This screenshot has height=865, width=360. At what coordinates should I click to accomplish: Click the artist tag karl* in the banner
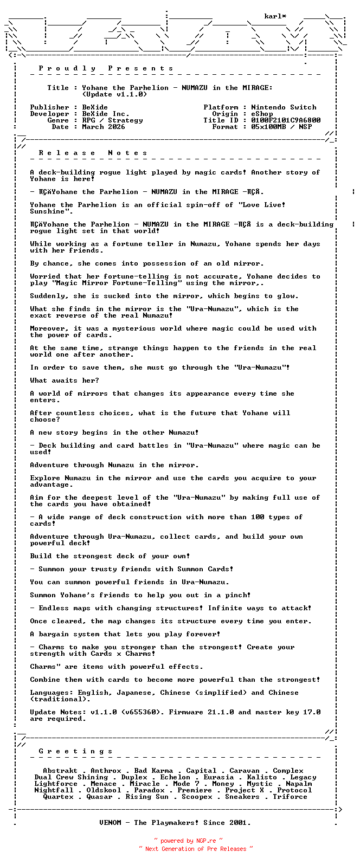pos(275,17)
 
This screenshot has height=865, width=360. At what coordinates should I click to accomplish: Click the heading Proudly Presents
pos(106,68)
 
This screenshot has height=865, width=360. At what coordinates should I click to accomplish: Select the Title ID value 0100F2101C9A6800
pos(286,120)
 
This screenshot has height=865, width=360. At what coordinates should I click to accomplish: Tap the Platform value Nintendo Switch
pos(284,107)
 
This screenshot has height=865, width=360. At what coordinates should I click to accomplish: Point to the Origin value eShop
pos(262,114)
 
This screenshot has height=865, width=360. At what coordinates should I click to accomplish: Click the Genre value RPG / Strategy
pos(112,120)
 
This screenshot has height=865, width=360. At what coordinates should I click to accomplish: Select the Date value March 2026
pos(104,127)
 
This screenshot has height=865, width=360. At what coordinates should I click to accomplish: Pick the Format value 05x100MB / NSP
pos(281,127)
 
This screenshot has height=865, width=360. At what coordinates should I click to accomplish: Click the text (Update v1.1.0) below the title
pos(114,94)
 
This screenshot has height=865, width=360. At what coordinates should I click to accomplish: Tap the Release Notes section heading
pos(93,153)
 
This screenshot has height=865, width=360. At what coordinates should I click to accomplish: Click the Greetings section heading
pos(76,751)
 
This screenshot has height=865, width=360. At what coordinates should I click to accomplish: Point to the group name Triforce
pos(290,797)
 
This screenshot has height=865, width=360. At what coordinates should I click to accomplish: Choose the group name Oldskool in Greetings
pos(104,790)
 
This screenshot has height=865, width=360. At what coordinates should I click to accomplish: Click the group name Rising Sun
pos(147,797)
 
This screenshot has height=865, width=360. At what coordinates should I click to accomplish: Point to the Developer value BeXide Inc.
pos(106,114)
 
